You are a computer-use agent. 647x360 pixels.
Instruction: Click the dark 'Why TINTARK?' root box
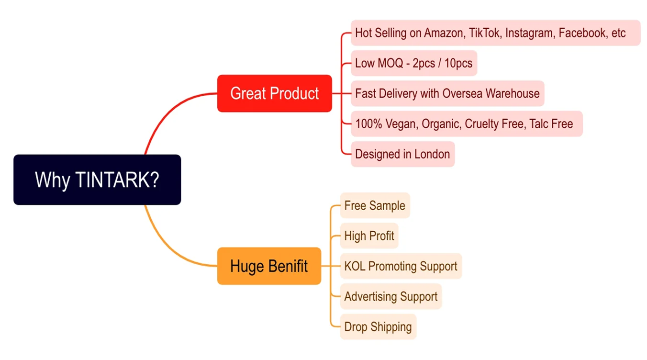(x=97, y=180)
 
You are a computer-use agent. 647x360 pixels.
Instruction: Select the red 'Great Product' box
(x=274, y=93)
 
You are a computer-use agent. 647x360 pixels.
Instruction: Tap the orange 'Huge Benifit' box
(x=269, y=266)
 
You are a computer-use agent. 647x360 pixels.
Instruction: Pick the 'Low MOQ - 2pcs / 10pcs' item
(x=413, y=63)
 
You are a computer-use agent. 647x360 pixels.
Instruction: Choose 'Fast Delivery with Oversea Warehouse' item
(x=447, y=93)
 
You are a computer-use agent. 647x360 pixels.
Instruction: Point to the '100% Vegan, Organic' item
(x=466, y=124)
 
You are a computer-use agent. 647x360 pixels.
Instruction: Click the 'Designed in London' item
(x=402, y=154)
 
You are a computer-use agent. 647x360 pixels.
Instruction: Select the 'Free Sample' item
(x=375, y=206)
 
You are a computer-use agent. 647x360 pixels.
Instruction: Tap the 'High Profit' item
(x=369, y=236)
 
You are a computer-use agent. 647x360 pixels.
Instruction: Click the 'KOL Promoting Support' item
(x=401, y=266)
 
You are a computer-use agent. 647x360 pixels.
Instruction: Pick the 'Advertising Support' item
(x=390, y=296)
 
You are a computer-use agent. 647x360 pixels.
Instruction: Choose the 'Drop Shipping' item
(x=378, y=327)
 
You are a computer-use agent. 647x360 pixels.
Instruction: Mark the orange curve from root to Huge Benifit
(x=165, y=242)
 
